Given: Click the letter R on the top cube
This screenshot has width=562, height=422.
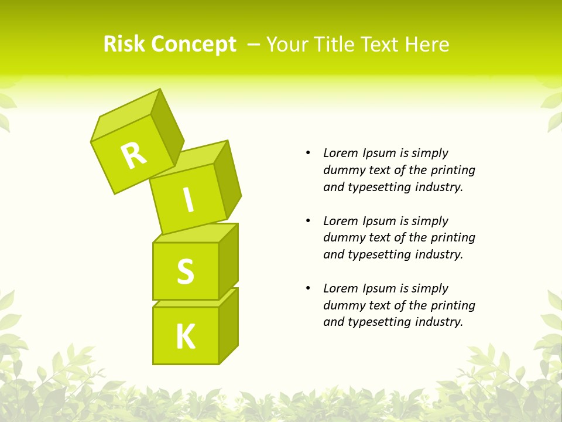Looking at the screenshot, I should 134,155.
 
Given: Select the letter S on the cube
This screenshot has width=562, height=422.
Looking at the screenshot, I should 186,271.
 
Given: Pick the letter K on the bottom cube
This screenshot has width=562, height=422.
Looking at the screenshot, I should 186,337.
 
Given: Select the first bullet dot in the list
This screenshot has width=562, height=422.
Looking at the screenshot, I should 308,154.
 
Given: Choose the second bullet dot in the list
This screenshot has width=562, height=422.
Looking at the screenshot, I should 308,221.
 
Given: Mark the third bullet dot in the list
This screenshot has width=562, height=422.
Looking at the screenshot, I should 308,288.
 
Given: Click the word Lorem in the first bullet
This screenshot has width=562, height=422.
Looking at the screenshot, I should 340,153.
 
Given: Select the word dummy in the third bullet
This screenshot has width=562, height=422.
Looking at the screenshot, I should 342,305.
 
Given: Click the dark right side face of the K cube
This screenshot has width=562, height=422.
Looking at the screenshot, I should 228,325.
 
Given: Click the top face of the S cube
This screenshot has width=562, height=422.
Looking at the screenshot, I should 193,233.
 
